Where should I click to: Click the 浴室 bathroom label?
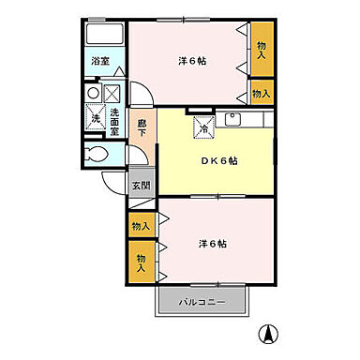click(x=99, y=62)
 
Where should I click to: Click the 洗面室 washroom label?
click(x=113, y=121)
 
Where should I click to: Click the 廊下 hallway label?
click(x=142, y=128)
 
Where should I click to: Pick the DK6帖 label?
click(x=217, y=161)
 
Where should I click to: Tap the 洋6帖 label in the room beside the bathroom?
click(x=191, y=61)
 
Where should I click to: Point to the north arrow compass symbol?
click(x=266, y=332)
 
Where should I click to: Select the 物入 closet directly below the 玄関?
click(x=140, y=226)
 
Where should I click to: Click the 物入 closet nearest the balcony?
click(x=142, y=262)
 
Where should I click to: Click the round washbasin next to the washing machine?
click(x=92, y=94)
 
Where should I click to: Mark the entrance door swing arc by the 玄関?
click(x=115, y=185)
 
